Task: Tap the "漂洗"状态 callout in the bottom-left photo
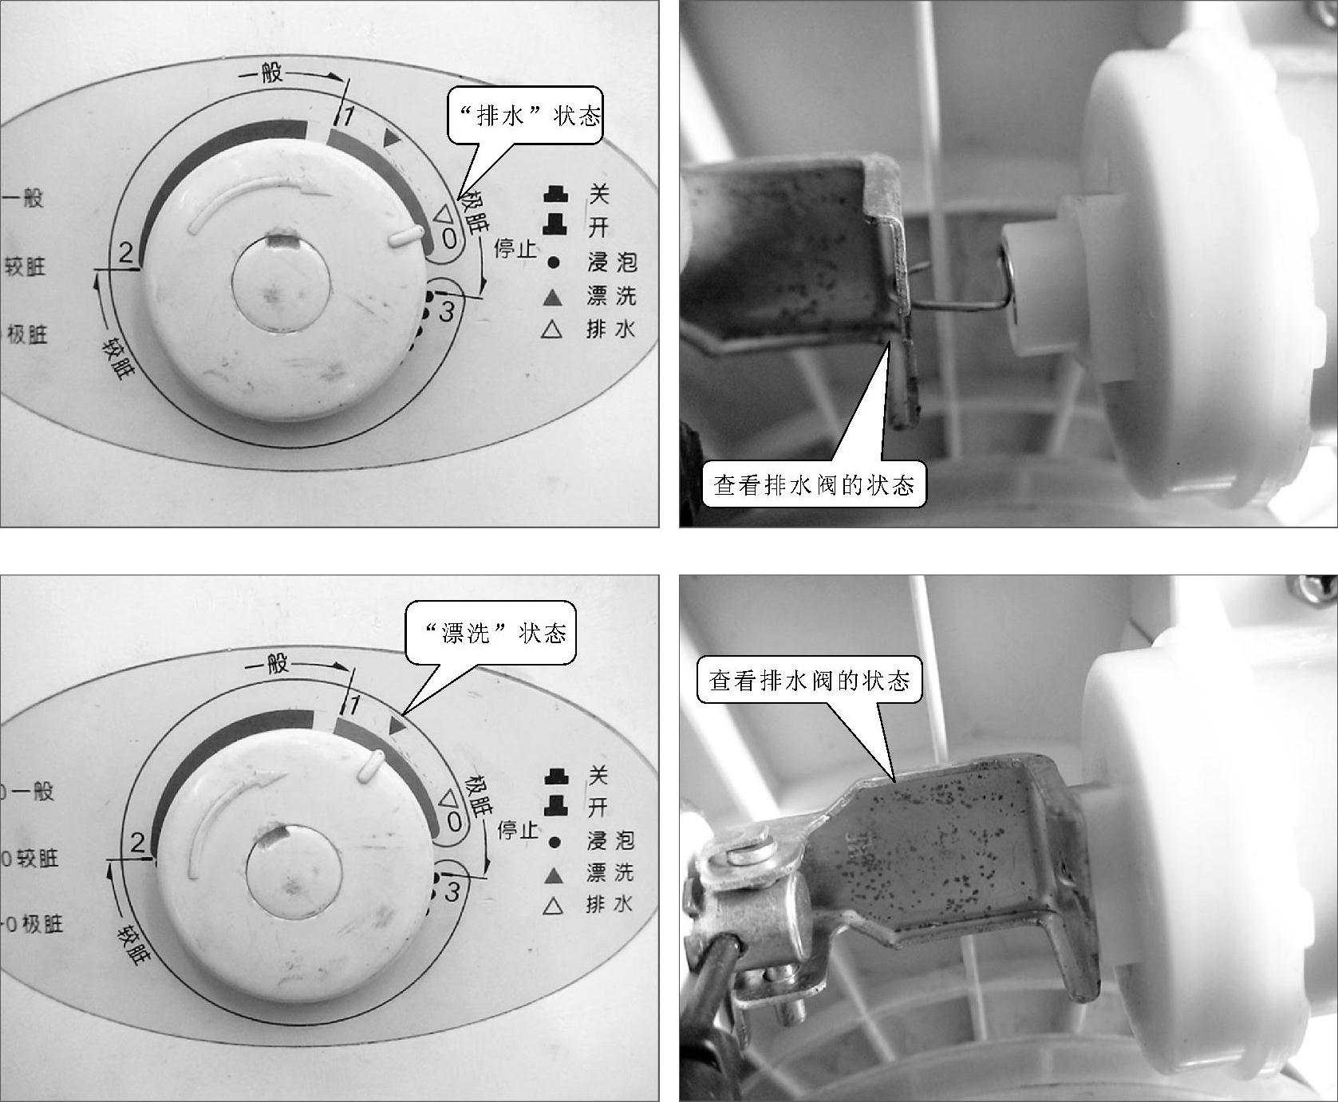click(491, 632)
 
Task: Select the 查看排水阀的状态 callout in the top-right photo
click(814, 484)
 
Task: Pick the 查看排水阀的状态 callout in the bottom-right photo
click(810, 680)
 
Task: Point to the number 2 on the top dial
click(126, 253)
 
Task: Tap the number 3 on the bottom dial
click(452, 891)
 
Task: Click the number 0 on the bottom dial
click(453, 821)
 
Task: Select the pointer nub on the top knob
click(405, 234)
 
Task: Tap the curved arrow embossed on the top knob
click(258, 198)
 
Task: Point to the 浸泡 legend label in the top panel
click(611, 261)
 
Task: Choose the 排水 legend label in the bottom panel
click(610, 904)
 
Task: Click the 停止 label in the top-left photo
click(515, 248)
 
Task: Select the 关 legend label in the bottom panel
click(598, 774)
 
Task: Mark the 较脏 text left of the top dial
click(26, 265)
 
